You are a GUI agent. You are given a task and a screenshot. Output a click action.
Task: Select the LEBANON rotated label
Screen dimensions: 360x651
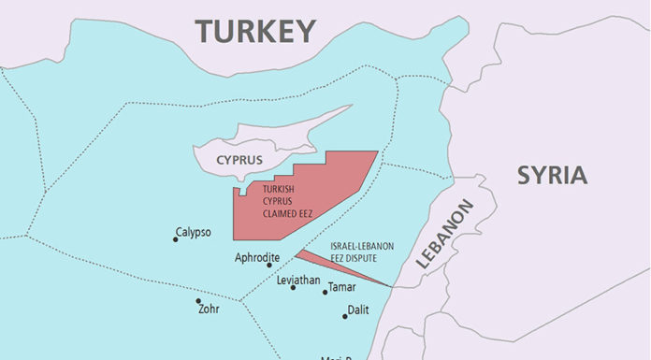pos(444,236)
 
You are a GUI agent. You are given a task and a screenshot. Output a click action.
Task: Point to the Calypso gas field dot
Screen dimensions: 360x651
pos(175,239)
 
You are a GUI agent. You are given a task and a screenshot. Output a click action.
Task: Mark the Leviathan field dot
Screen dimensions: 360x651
pos(293,287)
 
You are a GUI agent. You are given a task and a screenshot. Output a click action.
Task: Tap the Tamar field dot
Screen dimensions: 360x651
pos(325,293)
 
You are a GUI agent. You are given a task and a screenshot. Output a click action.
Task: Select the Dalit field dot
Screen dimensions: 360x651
pos(344,316)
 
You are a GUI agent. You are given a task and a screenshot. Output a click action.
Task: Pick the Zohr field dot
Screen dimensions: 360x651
pos(197,301)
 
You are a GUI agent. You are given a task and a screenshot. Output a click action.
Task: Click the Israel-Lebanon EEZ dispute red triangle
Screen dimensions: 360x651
pos(327,262)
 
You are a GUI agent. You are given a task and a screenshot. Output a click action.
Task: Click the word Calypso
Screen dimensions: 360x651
pos(194,232)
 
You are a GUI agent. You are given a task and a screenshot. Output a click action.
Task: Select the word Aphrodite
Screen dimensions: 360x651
pos(257,257)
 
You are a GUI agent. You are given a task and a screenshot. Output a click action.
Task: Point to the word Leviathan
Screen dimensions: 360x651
pos(299,280)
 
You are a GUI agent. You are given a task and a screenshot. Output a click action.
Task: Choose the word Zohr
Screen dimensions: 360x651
pos(210,309)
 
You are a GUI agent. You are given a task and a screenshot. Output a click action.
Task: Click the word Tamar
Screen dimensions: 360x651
pos(342,287)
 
